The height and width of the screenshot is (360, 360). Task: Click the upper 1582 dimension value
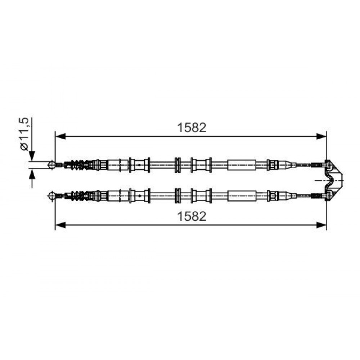[192, 127]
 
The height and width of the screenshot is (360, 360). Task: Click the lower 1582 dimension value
[192, 216]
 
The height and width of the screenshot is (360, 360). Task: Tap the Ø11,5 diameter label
[24, 134]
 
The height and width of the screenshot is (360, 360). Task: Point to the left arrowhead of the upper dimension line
[60, 136]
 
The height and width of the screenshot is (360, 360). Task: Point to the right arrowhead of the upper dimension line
[321, 136]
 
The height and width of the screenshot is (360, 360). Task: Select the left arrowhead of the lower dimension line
[60, 225]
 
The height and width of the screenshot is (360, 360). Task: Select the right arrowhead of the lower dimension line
[321, 225]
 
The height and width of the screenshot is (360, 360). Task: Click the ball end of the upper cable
[51, 165]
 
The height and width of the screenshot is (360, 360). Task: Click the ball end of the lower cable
[51, 196]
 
